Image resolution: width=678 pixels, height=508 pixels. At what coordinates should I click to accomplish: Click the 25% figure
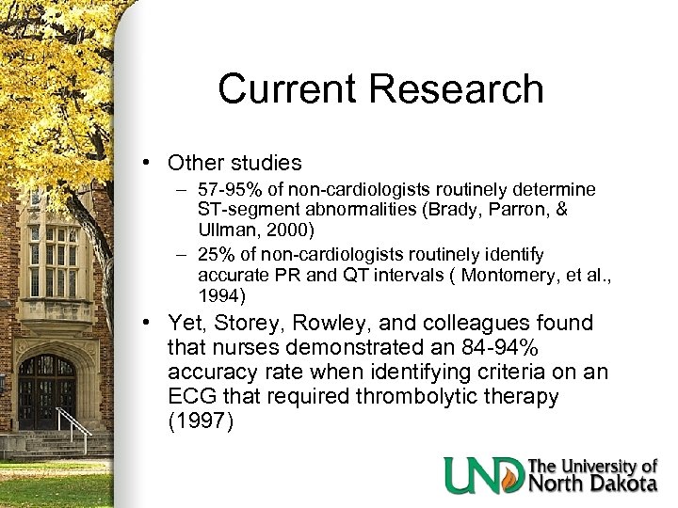pyautogui.click(x=216, y=255)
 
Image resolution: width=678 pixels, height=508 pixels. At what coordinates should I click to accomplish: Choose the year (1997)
pyautogui.click(x=200, y=421)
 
